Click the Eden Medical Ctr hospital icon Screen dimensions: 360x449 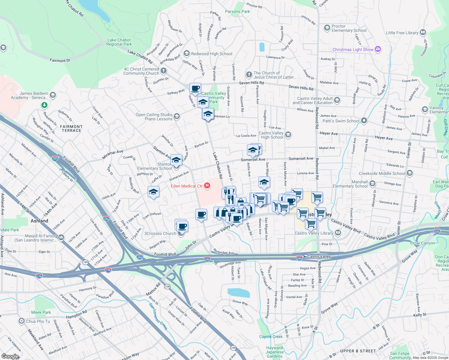pyautogui.click(x=207, y=186)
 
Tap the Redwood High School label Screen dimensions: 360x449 pyautogui.click(x=212, y=54)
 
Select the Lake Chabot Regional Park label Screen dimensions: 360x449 pyautogui.click(x=119, y=42)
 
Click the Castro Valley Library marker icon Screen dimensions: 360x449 pyautogui.click(x=338, y=232)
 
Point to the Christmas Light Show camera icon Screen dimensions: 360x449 pyautogui.click(x=378, y=49)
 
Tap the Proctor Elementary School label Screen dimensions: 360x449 pyautogui.click(x=349, y=28)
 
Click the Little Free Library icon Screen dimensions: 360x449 pyautogui.click(x=423, y=32)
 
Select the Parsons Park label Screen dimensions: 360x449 pyautogui.click(x=237, y=11)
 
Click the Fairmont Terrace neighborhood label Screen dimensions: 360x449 pyautogui.click(x=71, y=128)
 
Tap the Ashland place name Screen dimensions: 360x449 pyautogui.click(x=39, y=221)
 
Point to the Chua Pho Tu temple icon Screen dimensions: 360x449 pyautogui.click(x=22, y=321)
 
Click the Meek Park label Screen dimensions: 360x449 pyautogui.click(x=41, y=312)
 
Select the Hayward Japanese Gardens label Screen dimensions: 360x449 pyautogui.click(x=275, y=352)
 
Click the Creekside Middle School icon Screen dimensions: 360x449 pyautogui.click(x=410, y=173)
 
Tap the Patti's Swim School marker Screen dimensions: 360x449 pyautogui.click(x=364, y=121)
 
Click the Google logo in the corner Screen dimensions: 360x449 pyautogui.click(x=10, y=356)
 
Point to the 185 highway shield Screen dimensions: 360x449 pyautogui.click(x=86, y=262)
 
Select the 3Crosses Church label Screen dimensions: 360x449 pyautogui.click(x=160, y=233)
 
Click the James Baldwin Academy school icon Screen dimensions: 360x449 pyautogui.click(x=53, y=95)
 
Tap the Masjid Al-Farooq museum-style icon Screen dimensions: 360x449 pyautogui.click(x=61, y=238)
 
